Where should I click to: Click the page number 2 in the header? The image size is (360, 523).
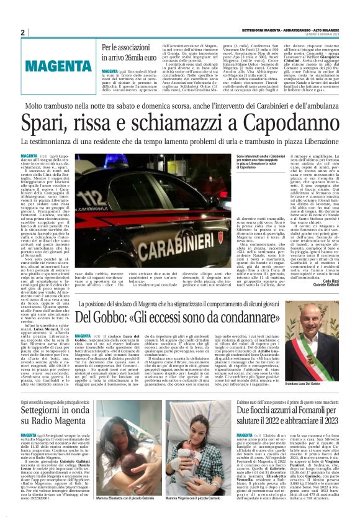point(22,32)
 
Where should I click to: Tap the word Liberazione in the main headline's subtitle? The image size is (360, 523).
point(317,143)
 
